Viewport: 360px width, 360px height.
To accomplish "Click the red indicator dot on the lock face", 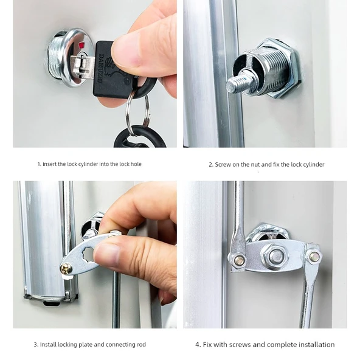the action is point(81,44).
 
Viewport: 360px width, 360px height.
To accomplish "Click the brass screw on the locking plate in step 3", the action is point(66,269).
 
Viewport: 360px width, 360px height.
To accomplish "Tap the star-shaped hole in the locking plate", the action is point(89,255).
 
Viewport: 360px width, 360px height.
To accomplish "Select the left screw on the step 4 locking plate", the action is point(240,260).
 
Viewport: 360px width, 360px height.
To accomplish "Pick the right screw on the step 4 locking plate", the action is point(314,257).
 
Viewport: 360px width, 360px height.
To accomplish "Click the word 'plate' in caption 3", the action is point(86,345).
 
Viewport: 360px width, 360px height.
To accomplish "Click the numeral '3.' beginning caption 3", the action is point(36,345).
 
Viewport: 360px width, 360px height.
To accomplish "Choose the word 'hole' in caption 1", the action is point(136,164).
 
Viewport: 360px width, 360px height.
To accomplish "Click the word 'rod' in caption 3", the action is point(141,345).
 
